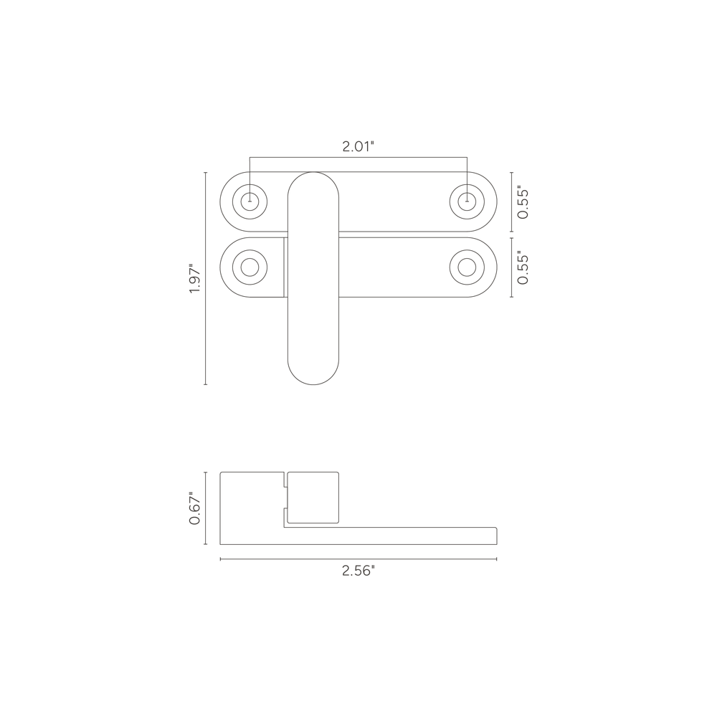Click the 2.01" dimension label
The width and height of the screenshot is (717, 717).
pyautogui.click(x=358, y=146)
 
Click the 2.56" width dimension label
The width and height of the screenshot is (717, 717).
pyautogui.click(x=358, y=571)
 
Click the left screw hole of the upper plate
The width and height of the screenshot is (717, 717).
pyautogui.click(x=250, y=201)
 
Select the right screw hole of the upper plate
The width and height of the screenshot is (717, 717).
pyautogui.click(x=467, y=201)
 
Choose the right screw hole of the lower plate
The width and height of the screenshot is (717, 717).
pyautogui.click(x=467, y=267)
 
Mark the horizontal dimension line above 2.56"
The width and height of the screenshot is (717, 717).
pyautogui.click(x=358, y=559)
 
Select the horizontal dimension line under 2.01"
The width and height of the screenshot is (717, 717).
pyautogui.click(x=358, y=158)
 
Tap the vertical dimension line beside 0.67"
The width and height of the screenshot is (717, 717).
pyautogui.click(x=206, y=508)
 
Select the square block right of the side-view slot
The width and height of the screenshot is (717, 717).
pyautogui.click(x=313, y=496)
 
